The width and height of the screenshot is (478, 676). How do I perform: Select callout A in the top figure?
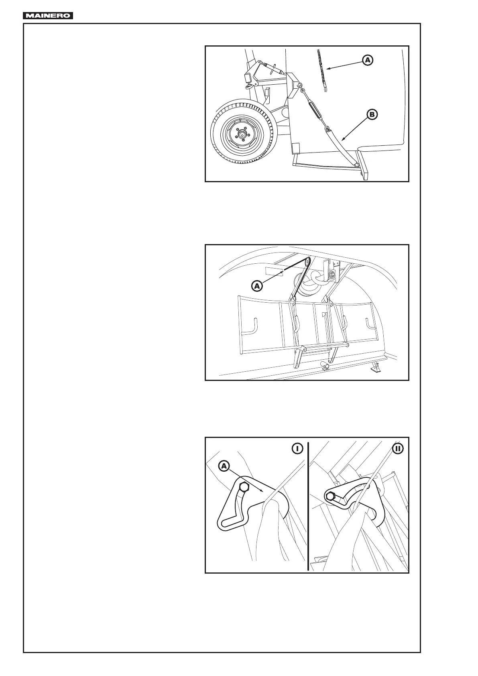368,60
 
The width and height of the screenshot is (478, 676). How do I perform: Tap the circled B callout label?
372,115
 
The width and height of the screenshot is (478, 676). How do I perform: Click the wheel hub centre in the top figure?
242,135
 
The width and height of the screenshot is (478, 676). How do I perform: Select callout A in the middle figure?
257,286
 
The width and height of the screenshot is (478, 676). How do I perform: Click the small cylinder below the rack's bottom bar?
325,366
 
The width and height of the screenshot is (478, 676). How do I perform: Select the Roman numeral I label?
297,448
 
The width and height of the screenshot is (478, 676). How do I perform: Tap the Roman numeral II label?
398,448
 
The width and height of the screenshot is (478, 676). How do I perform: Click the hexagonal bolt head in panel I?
244,487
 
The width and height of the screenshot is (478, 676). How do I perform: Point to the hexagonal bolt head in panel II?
331,497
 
